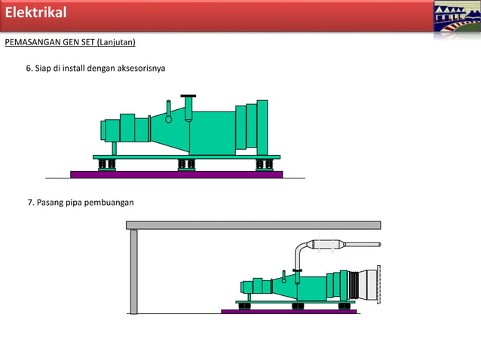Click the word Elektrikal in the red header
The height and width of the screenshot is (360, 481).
click(x=35, y=13)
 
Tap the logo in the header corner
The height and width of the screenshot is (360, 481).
click(x=457, y=17)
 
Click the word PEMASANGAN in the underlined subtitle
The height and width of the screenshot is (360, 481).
click(x=32, y=42)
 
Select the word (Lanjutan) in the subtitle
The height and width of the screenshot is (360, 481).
click(x=116, y=42)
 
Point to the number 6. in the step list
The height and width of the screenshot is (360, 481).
click(x=29, y=68)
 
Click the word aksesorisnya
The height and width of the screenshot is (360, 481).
click(x=141, y=68)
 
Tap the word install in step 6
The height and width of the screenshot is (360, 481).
click(x=74, y=68)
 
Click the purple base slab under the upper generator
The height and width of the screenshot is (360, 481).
click(x=176, y=174)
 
